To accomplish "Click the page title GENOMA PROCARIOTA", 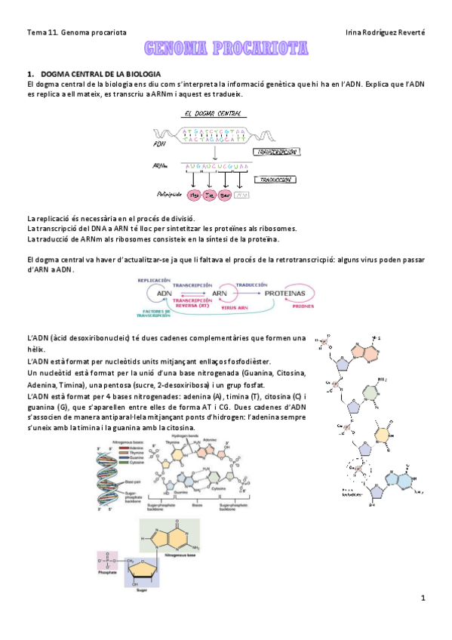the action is coord(226,50).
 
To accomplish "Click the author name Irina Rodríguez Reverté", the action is coord(383,32).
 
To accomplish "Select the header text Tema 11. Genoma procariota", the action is coord(76,32).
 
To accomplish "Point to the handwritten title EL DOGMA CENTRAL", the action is coord(214,114).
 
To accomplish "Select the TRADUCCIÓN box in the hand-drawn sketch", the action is coord(277,181).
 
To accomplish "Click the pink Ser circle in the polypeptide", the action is coord(226,195).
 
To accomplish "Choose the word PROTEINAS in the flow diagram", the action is coord(290,292).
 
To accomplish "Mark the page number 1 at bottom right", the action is coord(423,599).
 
